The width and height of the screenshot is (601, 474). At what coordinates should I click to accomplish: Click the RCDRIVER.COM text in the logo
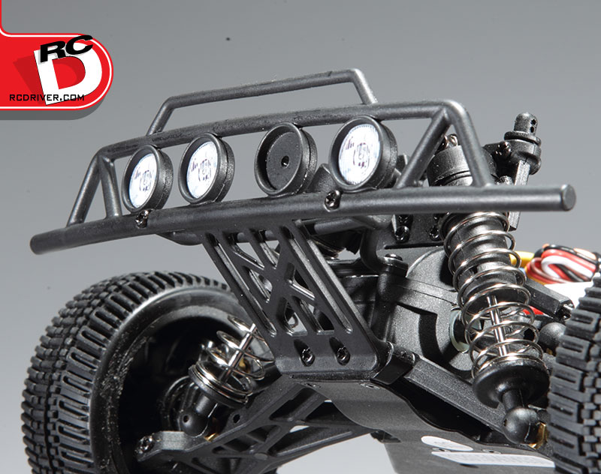(47, 97)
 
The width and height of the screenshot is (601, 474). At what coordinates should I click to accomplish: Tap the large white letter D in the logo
(67, 71)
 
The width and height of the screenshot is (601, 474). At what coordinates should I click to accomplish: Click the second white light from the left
(205, 168)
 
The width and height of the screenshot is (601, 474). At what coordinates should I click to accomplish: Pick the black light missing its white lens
(285, 160)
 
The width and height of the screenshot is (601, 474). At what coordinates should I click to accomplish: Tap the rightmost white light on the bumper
(361, 153)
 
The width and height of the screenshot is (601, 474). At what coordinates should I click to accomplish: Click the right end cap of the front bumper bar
(568, 197)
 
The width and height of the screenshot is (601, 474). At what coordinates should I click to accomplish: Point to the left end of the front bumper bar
(36, 244)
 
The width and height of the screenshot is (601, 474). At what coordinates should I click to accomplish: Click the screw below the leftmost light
(143, 218)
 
